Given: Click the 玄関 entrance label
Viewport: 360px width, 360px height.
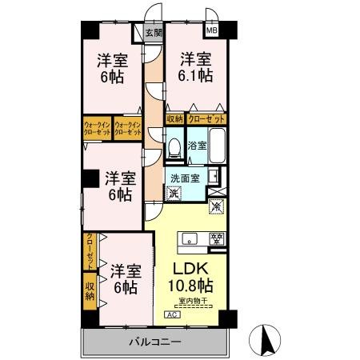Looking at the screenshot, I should tap(154, 34).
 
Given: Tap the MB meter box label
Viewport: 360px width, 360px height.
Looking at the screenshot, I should tap(212, 31).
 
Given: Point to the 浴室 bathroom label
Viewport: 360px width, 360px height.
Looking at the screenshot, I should tap(197, 146).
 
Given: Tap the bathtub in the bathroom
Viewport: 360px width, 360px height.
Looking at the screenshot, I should tap(218, 146).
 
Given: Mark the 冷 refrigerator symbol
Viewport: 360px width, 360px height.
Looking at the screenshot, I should tap(215, 206).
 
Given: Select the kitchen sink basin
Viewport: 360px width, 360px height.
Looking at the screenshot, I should tap(190, 238).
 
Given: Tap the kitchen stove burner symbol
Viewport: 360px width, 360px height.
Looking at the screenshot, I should tap(214, 238).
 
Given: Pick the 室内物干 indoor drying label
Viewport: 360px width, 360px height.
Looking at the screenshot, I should tap(192, 302).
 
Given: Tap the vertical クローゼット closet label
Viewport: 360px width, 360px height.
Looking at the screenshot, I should tap(89, 250).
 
